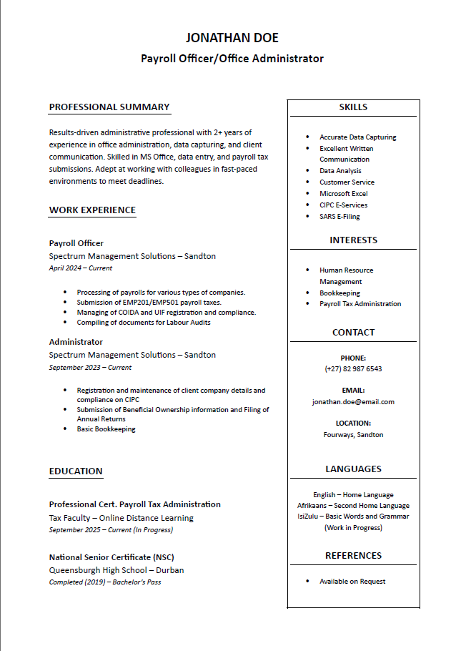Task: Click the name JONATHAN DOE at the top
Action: tap(232, 38)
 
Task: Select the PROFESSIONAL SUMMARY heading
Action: tap(109, 107)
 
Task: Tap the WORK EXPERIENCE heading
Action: tap(92, 210)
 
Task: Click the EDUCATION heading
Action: tap(76, 471)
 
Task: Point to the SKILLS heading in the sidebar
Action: tap(353, 107)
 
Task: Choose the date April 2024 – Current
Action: tap(80, 268)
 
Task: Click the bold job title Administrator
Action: tap(76, 342)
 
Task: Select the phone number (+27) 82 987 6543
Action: tap(353, 369)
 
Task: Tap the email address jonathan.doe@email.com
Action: tap(353, 402)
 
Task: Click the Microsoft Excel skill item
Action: tap(343, 194)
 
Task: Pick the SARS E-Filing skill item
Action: tap(339, 216)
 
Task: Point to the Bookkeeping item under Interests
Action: tap(339, 293)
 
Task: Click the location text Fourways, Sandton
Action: tap(353, 435)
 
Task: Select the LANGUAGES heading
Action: tap(353, 469)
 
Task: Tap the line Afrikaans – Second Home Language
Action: tap(353, 506)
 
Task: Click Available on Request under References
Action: tap(352, 582)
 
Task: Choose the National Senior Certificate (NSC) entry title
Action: tap(111, 557)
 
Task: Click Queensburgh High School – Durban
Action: tap(117, 570)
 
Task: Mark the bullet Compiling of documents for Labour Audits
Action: tap(144, 323)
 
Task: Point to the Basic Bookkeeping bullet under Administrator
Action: tap(106, 429)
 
